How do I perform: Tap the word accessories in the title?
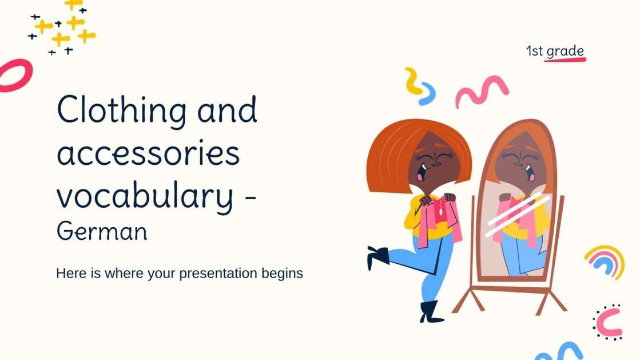tap(148, 153)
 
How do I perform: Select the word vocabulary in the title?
tap(145, 197)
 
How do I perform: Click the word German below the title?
tap(102, 231)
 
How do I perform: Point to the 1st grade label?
tap(555, 51)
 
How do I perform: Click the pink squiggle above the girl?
tap(482, 90)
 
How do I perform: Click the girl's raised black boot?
tap(377, 256)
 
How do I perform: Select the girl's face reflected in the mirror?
tap(518, 162)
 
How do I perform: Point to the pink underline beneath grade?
tap(565, 60)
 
